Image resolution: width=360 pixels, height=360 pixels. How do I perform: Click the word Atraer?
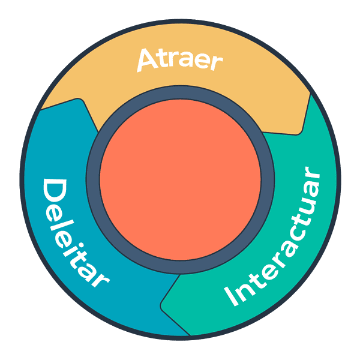[x=179, y=59]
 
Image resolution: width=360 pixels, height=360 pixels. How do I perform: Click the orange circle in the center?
[x=180, y=180]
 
